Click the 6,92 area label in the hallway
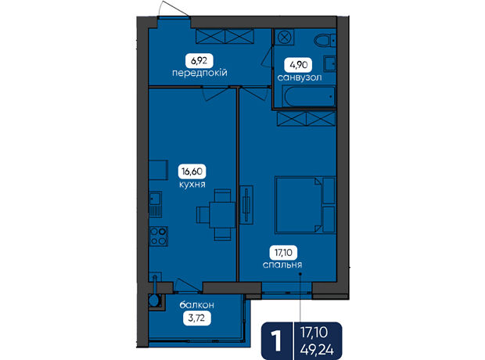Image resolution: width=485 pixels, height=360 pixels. click(199, 61)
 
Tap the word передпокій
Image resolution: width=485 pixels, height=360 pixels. click(199, 73)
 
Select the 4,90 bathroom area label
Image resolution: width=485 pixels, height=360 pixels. click(298, 65)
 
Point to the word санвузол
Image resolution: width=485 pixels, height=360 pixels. click(300, 77)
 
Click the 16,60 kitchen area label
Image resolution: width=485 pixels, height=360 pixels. click(192, 171)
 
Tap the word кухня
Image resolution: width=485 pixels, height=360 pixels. click(192, 185)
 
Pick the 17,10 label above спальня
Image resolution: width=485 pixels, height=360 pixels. click(283, 253)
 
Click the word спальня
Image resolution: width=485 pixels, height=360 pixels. click(282, 265)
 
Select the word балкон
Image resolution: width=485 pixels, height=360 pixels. click(196, 305)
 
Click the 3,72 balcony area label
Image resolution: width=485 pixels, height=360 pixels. click(196, 318)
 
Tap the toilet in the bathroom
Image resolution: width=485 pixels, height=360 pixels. click(325, 40)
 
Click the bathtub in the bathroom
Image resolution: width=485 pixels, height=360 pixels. click(309, 96)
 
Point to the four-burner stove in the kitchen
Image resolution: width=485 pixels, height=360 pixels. click(158, 236)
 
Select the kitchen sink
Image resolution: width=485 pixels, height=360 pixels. click(155, 204)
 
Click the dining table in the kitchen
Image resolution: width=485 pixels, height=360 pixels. click(222, 214)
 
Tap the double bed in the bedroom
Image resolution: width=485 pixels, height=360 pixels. click(305, 204)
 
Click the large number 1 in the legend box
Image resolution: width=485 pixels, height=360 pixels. click(275, 341)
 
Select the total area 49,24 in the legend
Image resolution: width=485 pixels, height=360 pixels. click(317, 350)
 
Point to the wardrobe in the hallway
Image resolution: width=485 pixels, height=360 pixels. click(225, 36)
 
